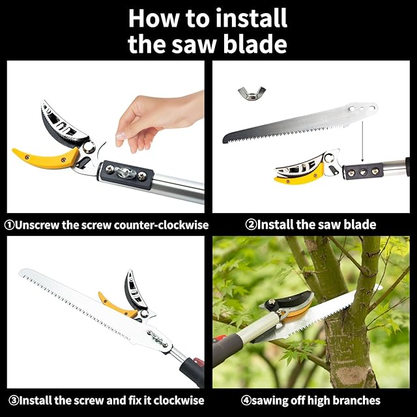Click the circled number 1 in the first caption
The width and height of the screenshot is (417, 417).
[x=10, y=225]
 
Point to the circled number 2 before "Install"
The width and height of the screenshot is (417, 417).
[x=250, y=225]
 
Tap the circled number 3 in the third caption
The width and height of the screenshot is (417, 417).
[x=13, y=400]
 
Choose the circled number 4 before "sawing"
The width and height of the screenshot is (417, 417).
[x=246, y=400]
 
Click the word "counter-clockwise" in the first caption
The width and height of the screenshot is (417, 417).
[x=161, y=225]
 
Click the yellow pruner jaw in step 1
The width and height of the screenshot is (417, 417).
[x=46, y=158]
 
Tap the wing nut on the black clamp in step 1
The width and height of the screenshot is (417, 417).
[x=124, y=171]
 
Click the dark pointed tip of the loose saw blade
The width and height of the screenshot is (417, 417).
[x=226, y=139]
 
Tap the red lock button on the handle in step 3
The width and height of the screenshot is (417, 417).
[x=198, y=362]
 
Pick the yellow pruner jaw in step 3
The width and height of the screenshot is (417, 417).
[x=117, y=305]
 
